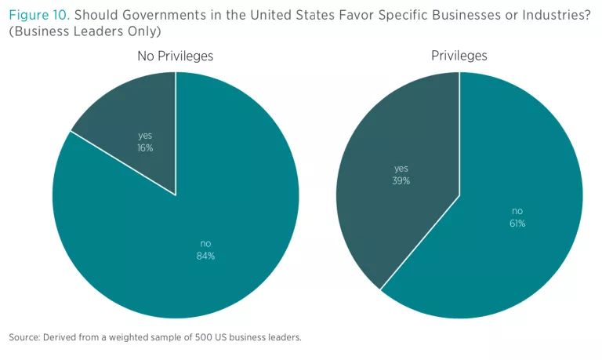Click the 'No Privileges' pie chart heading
(x=175, y=56)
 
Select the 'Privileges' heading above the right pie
(x=459, y=56)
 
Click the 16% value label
(x=145, y=147)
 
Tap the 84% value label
(x=205, y=255)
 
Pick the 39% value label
(x=401, y=180)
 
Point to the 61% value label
(x=517, y=223)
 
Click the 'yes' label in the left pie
(x=145, y=135)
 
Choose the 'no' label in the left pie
(x=205, y=243)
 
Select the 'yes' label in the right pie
(x=401, y=169)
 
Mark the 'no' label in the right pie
(x=517, y=211)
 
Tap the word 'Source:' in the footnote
(x=26, y=337)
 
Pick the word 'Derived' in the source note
(x=63, y=337)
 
